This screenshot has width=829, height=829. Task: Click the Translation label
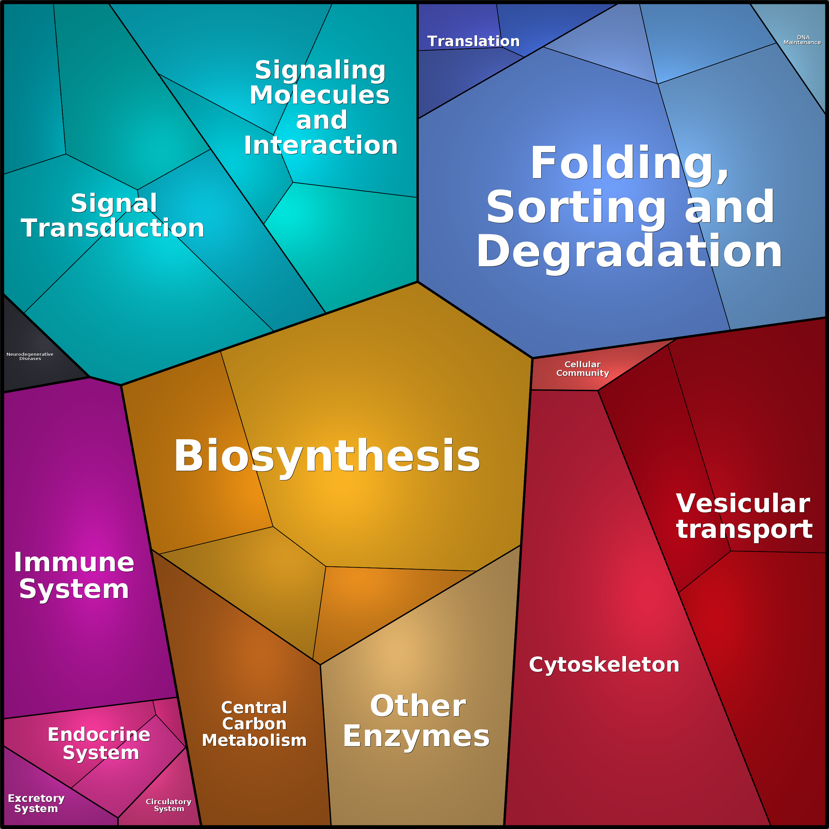[x=473, y=41]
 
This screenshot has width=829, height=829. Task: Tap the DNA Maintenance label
[x=802, y=40]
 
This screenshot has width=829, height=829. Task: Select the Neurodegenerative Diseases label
[x=30, y=356]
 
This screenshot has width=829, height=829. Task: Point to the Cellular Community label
[x=583, y=369]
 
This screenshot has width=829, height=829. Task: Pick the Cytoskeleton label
[x=604, y=665]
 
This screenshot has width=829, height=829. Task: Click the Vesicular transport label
[x=745, y=516]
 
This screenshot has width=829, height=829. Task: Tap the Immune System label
[x=74, y=576]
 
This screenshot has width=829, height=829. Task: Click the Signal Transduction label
[x=113, y=216]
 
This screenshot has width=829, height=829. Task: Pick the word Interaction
[x=321, y=146]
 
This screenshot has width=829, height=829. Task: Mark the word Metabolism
[x=254, y=741]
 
